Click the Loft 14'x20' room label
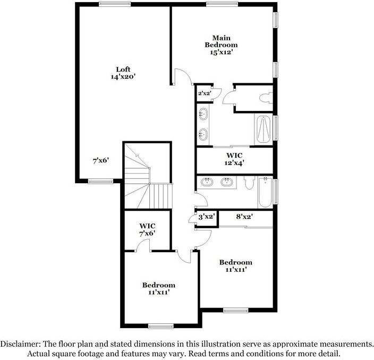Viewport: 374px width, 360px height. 123,73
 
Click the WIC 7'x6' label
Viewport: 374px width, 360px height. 147,229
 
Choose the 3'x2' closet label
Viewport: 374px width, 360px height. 206,217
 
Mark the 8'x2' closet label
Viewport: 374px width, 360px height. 244,217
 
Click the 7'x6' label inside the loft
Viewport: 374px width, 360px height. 100,160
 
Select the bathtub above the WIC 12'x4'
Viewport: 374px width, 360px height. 263,128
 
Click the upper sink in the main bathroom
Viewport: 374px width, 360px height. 203,114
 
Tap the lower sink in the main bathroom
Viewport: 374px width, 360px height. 203,133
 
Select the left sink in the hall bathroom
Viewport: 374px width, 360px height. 207,182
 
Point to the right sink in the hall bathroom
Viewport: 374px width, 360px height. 227,182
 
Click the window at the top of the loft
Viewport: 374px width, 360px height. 115,4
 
